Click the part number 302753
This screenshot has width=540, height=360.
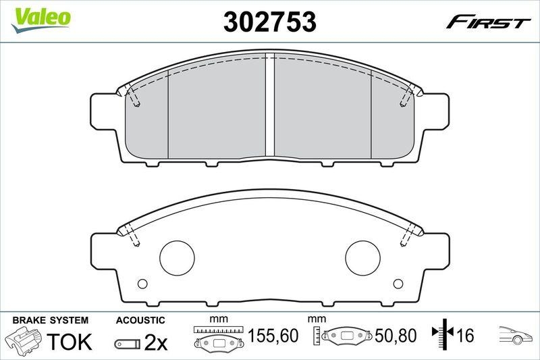(x=269, y=22)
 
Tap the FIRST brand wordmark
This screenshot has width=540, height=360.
(x=488, y=22)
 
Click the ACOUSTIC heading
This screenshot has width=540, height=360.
(x=140, y=319)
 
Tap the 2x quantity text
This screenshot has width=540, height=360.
(x=156, y=342)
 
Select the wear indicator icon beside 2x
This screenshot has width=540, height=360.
(x=127, y=344)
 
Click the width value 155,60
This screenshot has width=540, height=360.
(x=274, y=335)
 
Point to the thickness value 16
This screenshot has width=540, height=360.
(x=464, y=335)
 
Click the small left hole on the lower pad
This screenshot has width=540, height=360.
(x=142, y=284)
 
